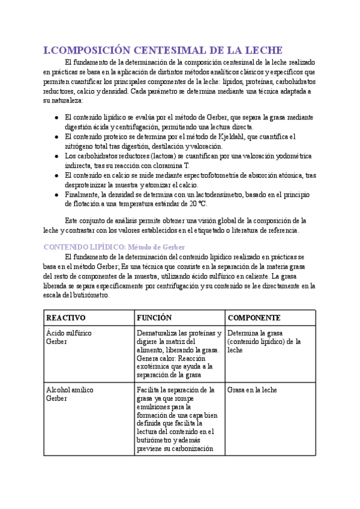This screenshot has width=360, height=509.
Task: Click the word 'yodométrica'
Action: coord(290,156)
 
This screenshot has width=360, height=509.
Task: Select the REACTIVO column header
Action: coord(66,318)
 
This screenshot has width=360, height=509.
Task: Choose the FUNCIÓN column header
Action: coord(154,318)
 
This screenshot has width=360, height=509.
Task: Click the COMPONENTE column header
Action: coord(254,318)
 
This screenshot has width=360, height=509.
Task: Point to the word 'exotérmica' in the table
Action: coord(155,367)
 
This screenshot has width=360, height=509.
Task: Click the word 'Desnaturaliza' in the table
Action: coord(160,333)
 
